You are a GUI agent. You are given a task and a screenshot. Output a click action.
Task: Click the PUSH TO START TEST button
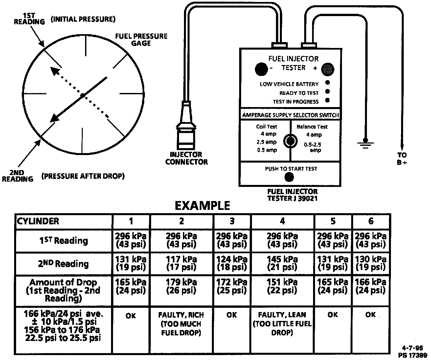tap(289, 177)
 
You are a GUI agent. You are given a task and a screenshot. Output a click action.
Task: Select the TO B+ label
tap(402, 158)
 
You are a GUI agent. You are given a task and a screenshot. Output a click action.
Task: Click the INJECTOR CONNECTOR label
tap(187, 158)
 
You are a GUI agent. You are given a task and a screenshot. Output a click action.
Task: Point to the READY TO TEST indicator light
tap(327, 92)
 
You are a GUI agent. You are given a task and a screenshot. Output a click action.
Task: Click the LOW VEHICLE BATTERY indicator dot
tap(327, 83)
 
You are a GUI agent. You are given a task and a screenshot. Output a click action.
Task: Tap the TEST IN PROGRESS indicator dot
tap(327, 101)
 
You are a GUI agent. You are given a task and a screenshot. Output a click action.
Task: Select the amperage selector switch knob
tap(290, 141)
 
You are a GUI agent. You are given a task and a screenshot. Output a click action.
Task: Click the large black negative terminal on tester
tap(261, 69)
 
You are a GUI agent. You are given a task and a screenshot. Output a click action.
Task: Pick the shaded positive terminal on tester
tap(328, 69)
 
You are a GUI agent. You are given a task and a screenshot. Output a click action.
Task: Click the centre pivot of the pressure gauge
tap(83, 95)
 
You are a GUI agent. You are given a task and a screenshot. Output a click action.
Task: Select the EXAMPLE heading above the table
tap(202, 206)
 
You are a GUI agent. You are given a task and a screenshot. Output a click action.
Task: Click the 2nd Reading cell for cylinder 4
tap(282, 263)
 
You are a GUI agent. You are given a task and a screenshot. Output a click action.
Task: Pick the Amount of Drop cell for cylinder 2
tap(181, 286)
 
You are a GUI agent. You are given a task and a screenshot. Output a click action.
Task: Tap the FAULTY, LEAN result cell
tap(282, 324)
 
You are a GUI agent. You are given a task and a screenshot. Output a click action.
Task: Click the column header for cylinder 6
tap(371, 221)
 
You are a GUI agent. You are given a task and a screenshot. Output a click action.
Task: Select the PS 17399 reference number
tap(413, 355)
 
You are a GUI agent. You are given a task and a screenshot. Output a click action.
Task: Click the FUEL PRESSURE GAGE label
tap(141, 39)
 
